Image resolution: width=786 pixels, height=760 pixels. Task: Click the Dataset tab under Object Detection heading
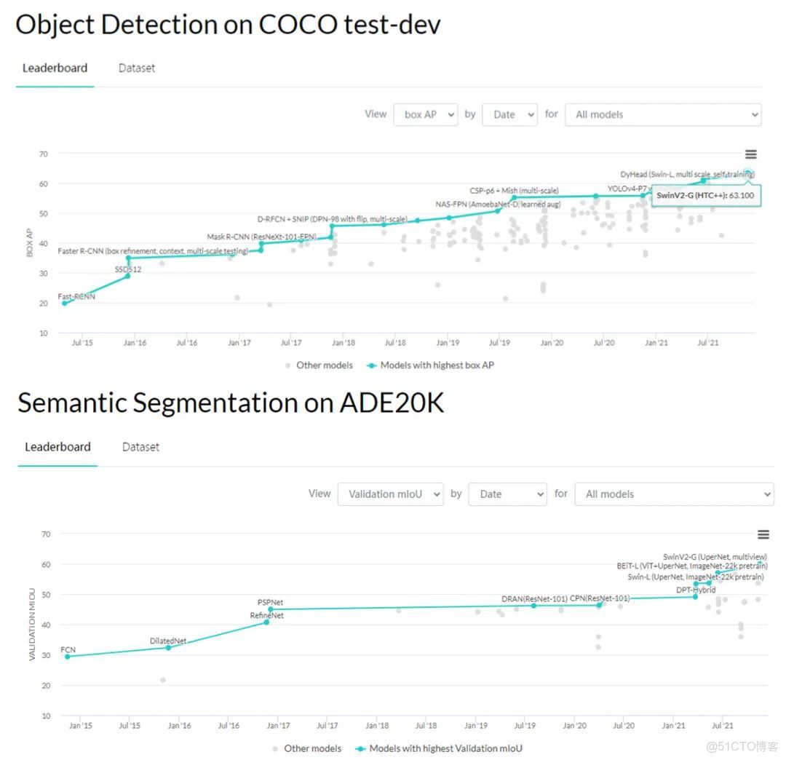137,68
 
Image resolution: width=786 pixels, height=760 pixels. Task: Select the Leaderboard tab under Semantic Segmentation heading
57,447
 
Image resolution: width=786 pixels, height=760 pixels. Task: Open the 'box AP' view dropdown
425,114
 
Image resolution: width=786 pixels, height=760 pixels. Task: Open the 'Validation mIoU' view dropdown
390,494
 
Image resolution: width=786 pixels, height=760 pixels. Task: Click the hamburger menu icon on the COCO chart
750,154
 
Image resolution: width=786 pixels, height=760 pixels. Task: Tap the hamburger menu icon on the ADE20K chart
763,534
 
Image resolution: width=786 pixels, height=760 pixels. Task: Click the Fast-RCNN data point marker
64,303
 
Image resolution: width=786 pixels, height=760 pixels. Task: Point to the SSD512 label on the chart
128,269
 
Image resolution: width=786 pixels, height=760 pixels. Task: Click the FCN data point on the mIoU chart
68,657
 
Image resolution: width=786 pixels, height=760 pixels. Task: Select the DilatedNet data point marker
168,647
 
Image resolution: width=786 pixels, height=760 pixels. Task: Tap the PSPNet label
270,603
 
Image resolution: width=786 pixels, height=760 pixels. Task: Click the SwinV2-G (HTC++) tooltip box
704,195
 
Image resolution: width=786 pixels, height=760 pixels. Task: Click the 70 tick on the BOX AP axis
44,154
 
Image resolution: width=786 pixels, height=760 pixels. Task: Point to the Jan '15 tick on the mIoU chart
80,726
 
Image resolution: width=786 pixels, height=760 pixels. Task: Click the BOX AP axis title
30,243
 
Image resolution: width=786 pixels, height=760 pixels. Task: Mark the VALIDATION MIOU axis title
33,625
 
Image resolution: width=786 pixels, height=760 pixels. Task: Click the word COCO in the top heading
298,25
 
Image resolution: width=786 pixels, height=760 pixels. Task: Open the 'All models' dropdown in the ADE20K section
673,494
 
